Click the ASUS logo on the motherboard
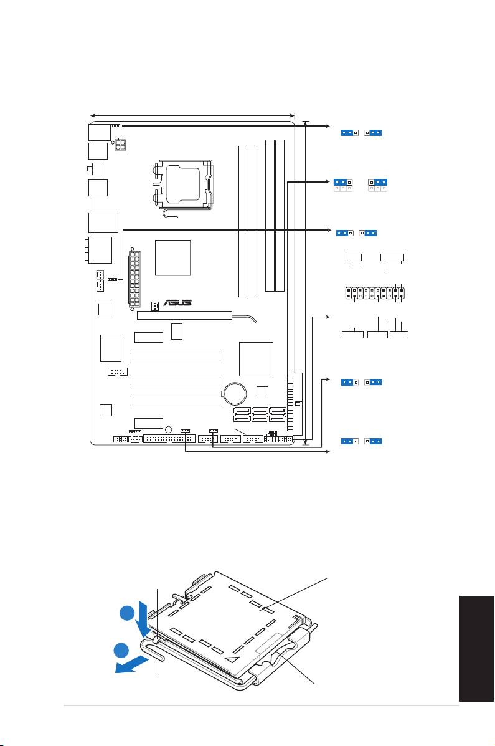177,303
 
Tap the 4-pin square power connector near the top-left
120,144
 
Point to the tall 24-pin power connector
134,279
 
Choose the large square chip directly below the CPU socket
172,257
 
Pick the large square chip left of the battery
256,359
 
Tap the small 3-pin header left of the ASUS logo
155,306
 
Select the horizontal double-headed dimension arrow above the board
192,115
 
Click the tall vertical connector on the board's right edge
298,404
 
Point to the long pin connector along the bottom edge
169,439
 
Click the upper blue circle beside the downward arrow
126,613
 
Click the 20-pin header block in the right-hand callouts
375,292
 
